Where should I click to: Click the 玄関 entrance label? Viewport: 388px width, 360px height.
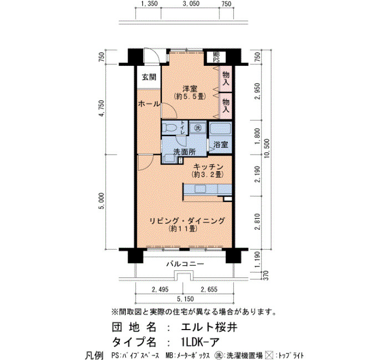[149, 77]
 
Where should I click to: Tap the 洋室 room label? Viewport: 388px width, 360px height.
[190, 89]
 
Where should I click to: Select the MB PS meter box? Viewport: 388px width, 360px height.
[216, 57]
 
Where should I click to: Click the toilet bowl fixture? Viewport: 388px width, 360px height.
[170, 128]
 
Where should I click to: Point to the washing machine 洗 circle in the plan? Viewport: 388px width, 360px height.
[197, 128]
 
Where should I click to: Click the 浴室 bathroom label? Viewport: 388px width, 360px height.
[221, 145]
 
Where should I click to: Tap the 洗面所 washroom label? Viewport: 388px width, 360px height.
[185, 152]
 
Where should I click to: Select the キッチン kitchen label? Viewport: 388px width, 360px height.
[208, 166]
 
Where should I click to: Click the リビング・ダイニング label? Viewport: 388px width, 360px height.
[187, 220]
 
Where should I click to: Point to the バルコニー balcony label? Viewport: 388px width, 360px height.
[185, 264]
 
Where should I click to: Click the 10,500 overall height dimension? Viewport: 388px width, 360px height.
[268, 150]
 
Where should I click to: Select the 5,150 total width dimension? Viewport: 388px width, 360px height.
[185, 299]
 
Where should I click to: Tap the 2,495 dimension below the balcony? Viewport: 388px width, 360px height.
[160, 289]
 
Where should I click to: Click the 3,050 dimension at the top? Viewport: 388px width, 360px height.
[191, 3]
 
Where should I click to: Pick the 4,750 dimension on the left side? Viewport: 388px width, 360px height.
[101, 109]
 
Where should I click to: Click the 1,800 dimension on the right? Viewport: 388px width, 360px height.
[258, 136]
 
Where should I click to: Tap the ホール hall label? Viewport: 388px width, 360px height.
[149, 104]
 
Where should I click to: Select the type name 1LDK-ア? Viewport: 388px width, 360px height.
[200, 342]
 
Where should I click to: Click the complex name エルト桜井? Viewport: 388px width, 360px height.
[209, 327]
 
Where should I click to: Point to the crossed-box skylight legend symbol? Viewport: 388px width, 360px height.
[269, 356]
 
